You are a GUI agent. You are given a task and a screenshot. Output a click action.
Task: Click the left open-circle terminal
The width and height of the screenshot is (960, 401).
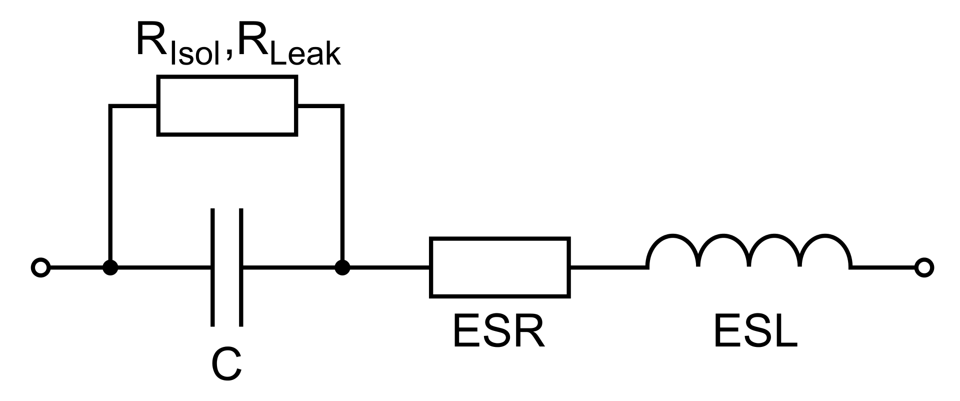(40, 268)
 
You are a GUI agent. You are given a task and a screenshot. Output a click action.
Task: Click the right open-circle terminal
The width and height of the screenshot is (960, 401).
(924, 268)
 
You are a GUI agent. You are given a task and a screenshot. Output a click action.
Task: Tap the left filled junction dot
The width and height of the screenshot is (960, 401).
(110, 268)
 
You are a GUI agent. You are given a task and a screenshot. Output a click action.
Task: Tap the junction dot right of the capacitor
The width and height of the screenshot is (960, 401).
(342, 268)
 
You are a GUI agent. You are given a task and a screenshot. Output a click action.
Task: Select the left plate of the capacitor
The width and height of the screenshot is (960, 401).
(213, 268)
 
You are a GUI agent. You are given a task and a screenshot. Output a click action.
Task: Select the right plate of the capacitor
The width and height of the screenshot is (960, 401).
(241, 268)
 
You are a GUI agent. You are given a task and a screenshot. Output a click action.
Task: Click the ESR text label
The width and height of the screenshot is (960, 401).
(498, 331)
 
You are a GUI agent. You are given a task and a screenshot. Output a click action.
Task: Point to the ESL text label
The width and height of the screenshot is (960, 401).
(755, 331)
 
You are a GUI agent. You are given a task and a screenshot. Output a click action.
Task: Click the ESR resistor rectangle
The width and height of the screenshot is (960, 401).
(499, 268)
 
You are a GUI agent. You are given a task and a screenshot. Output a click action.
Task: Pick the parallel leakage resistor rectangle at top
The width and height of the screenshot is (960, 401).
(227, 106)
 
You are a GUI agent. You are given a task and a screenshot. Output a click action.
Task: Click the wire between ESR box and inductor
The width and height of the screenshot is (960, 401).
(607, 268)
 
